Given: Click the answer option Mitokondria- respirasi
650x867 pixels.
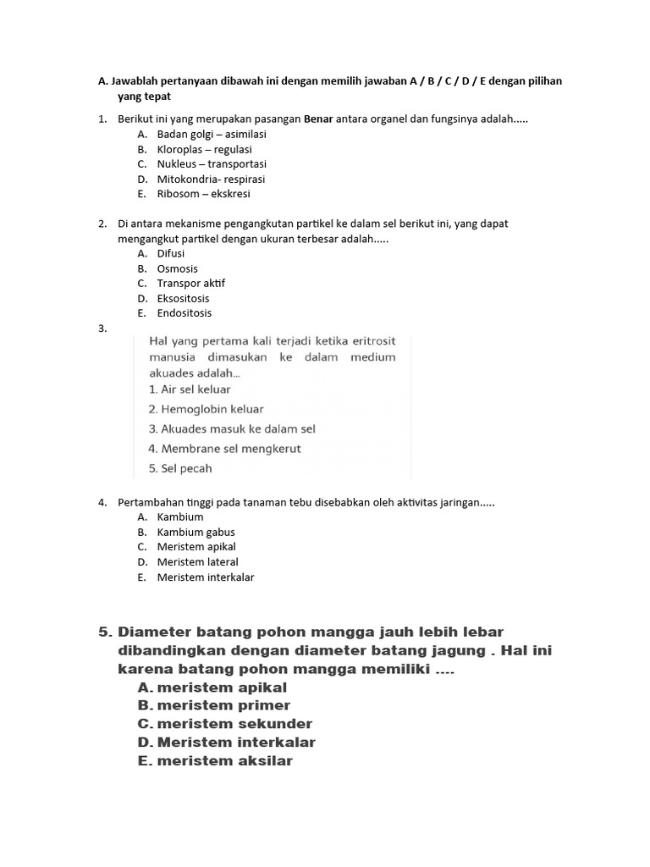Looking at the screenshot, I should (x=211, y=179).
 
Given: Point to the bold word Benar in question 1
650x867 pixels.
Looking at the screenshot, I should (x=318, y=119).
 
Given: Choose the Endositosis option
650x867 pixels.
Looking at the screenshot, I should (x=185, y=313).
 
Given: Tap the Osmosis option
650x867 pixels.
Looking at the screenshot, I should (x=177, y=268).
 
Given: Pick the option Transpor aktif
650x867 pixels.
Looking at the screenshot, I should (x=191, y=284).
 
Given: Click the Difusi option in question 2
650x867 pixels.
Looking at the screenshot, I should (x=171, y=253).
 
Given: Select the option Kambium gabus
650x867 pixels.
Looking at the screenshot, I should (x=196, y=533).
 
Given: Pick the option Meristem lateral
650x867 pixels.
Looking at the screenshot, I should (x=197, y=562).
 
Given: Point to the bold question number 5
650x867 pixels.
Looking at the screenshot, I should (x=105, y=632).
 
